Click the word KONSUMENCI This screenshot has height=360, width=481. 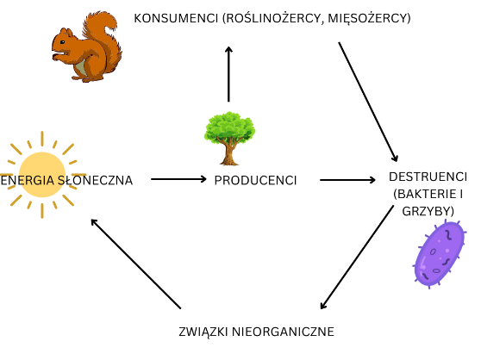tap(176, 18)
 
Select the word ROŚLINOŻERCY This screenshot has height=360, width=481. tap(273, 18)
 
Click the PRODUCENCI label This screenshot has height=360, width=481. tap(255, 180)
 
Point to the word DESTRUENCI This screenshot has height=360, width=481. tap(428, 177)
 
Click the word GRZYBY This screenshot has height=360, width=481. tap(427, 211)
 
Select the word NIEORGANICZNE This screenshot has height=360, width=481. tap(283, 332)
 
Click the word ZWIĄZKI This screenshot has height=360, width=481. tap(203, 332)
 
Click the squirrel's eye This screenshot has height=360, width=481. tap(62, 42)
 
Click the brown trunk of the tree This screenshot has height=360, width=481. tap(229, 152)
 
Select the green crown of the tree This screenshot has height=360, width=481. tap(230, 127)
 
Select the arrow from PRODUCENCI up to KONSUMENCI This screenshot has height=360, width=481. tap(228, 74)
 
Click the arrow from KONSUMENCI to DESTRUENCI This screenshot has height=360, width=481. tap(368, 102)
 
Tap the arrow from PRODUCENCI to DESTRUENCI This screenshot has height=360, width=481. tap(347, 180)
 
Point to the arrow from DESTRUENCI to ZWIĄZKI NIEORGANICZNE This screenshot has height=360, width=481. tap(357, 258)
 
